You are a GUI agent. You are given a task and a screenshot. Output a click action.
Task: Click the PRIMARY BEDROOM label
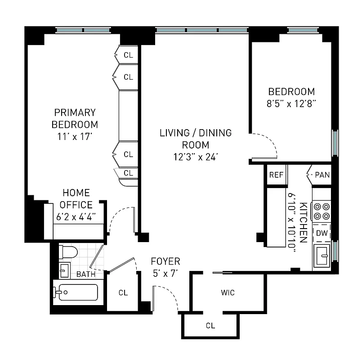pos(75,118)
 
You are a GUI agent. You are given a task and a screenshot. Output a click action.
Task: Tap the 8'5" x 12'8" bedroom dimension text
pos(291,103)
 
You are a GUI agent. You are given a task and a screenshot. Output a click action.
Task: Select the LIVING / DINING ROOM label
pos(196,139)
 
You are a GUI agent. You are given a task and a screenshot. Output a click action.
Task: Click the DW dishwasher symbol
pos(322,233)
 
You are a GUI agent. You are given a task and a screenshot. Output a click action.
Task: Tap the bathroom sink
pos(64,270)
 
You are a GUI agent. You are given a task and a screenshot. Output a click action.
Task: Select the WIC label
pos(228,293)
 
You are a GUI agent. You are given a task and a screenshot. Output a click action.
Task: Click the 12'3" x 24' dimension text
pos(196,157)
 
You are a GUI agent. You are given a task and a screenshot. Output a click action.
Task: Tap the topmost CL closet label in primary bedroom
pos(129,55)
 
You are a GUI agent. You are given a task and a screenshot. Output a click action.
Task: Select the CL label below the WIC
pos(210,325)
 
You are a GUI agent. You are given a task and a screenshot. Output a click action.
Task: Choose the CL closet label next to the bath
pos(123,293)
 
